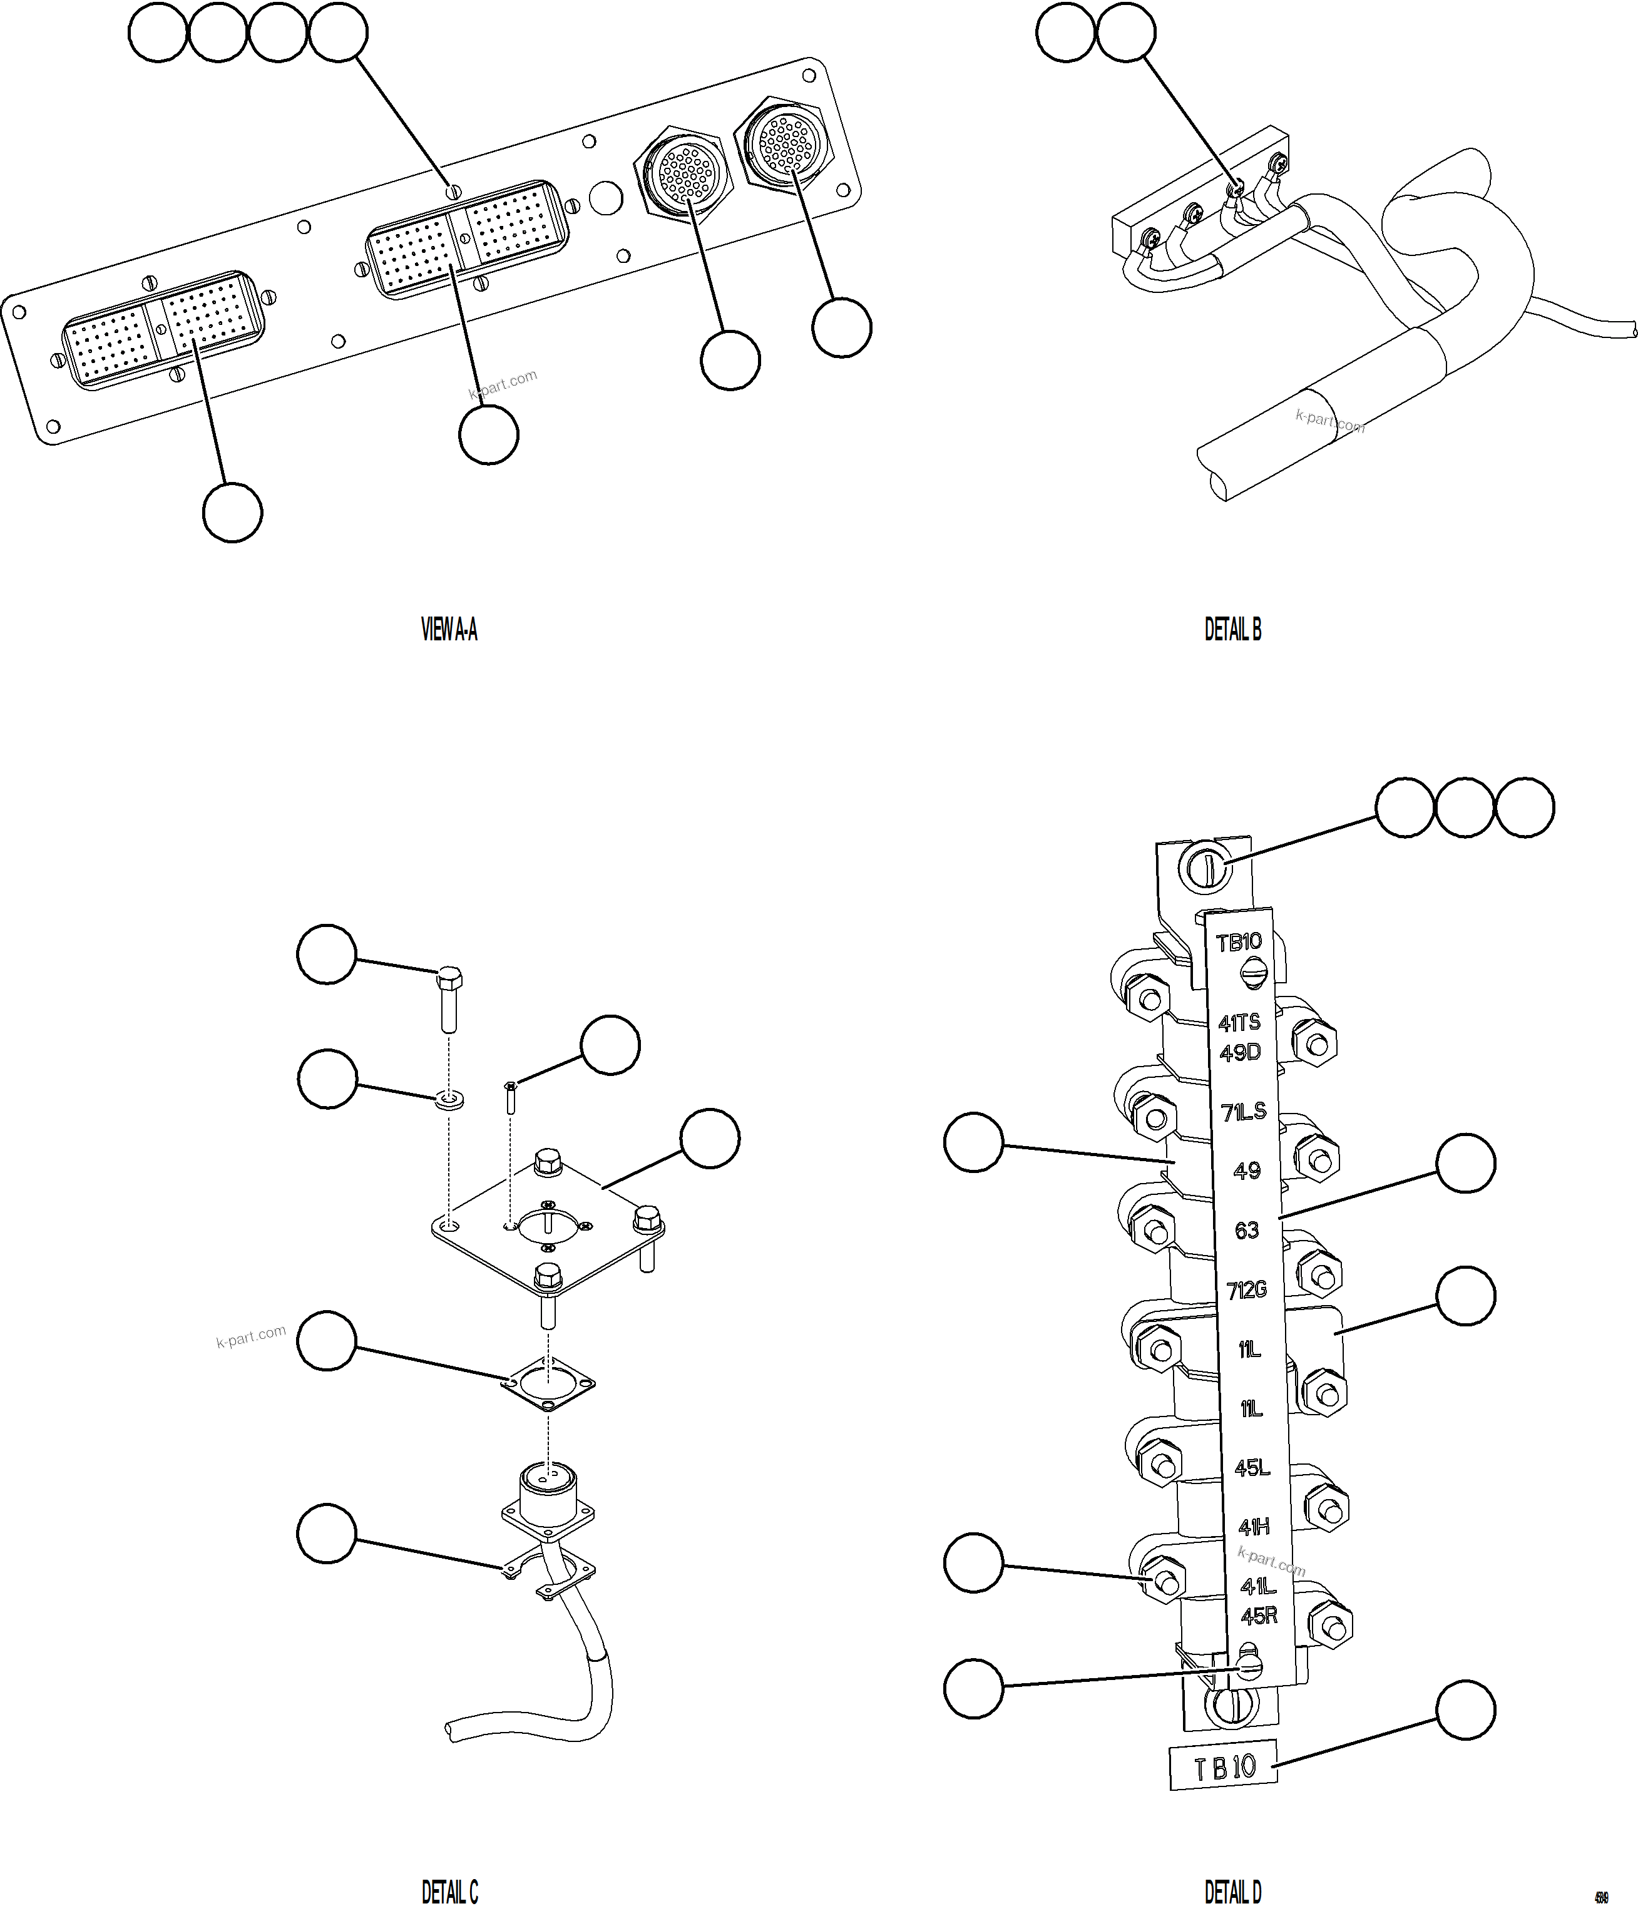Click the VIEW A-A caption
(449, 630)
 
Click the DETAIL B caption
(1232, 630)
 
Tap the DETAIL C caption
(449, 1892)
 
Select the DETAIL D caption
(1232, 1892)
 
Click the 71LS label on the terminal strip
(1243, 1112)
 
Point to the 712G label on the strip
(1246, 1290)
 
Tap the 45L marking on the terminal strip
(1252, 1467)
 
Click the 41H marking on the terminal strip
(1254, 1527)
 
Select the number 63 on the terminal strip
(1246, 1231)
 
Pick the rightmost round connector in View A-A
(786, 143)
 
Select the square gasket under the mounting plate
(548, 1383)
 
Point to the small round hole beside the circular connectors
(605, 197)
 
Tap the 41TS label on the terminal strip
(1239, 1022)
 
